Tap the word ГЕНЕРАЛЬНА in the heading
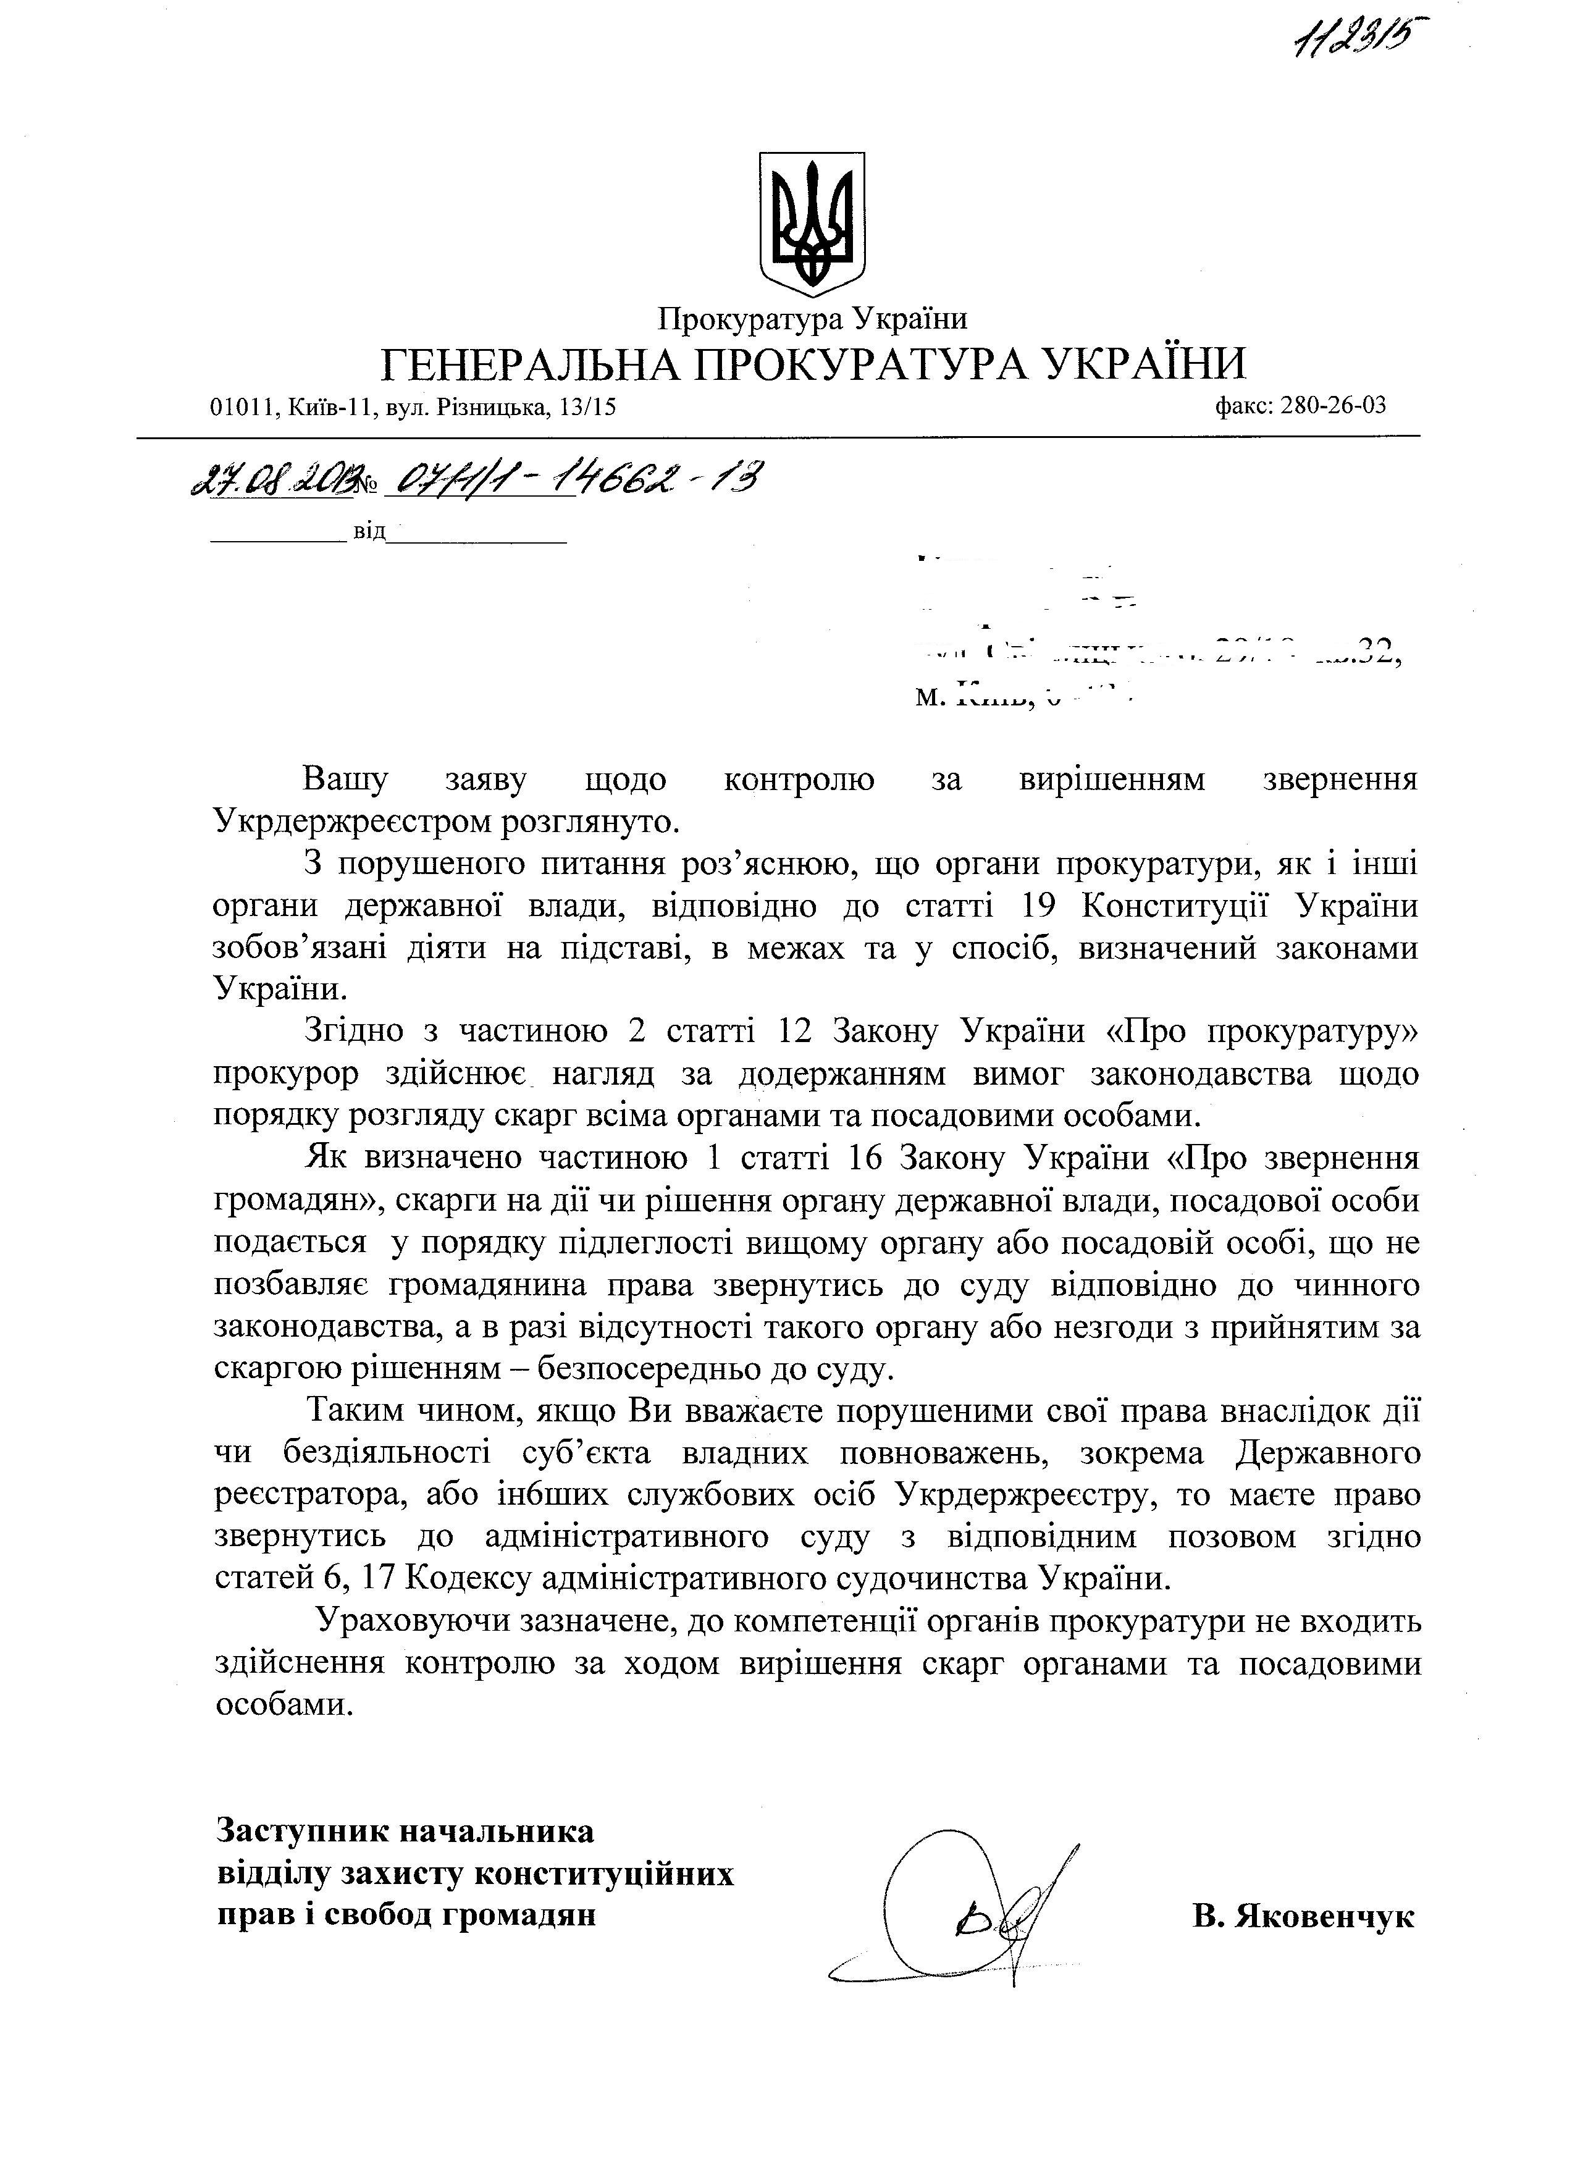[x=531, y=364]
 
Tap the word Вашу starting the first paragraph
[x=345, y=780]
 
